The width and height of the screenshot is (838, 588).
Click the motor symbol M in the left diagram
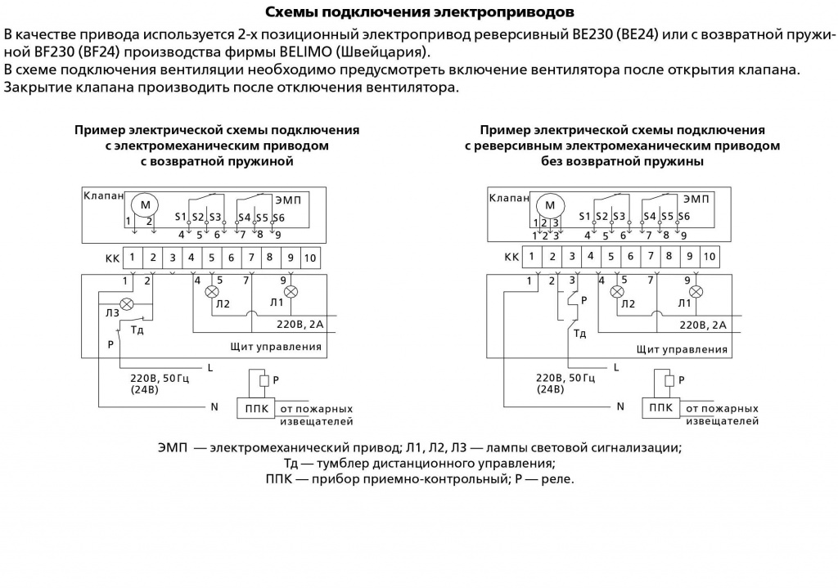pyautogui.click(x=146, y=204)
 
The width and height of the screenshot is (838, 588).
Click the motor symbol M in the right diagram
pyautogui.click(x=550, y=205)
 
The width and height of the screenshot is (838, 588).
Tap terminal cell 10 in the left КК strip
pyautogui.click(x=310, y=258)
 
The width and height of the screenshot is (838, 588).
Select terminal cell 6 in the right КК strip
pyautogui.click(x=631, y=257)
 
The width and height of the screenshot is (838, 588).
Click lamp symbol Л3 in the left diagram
pyautogui.click(x=127, y=304)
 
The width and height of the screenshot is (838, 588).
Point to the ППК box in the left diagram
pyautogui.click(x=256, y=409)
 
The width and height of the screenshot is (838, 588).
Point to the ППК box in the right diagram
pyautogui.click(x=661, y=408)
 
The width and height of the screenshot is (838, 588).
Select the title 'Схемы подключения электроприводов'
pyautogui.click(x=420, y=11)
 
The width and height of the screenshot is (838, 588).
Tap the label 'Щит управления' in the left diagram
pyautogui.click(x=276, y=347)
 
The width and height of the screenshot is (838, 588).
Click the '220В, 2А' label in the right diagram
pyautogui.click(x=703, y=325)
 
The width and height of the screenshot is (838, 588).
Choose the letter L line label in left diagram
pyautogui.click(x=210, y=367)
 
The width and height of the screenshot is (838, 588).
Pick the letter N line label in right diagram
pyautogui.click(x=620, y=406)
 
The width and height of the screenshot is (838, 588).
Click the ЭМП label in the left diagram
pyautogui.click(x=288, y=200)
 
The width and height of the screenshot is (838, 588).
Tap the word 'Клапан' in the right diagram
pyautogui.click(x=509, y=198)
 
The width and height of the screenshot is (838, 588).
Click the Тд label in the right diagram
pyautogui.click(x=580, y=334)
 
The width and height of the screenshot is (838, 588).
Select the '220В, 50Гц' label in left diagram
pyautogui.click(x=160, y=378)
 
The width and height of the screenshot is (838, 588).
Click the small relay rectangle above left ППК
pyautogui.click(x=264, y=381)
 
